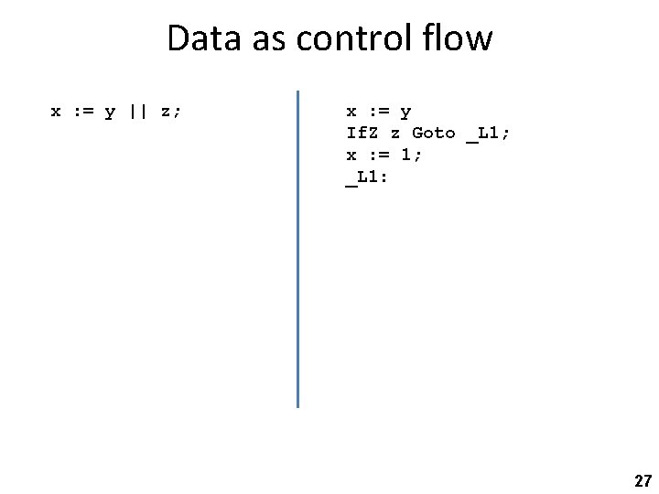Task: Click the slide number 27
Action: point(642,480)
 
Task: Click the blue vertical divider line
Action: point(297,247)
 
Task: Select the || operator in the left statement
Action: point(137,112)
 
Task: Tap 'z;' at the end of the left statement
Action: point(171,112)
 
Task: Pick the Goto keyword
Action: point(433,133)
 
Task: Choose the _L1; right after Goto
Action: point(489,134)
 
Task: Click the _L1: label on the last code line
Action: point(367,177)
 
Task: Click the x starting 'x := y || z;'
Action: point(55,112)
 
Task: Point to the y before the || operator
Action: point(110,113)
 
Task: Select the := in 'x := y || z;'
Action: point(82,112)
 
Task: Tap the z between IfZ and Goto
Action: point(395,134)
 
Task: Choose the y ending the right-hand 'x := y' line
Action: point(405,113)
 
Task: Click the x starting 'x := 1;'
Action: point(351,156)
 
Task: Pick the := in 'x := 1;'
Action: point(378,155)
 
